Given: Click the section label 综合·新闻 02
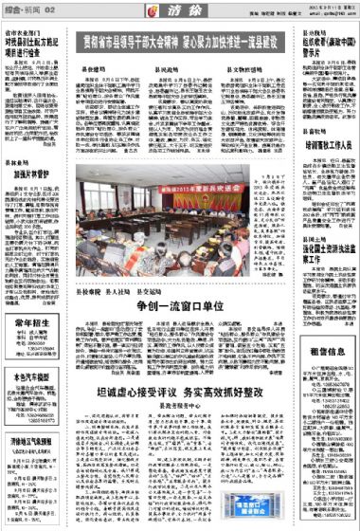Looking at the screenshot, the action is point(22,9).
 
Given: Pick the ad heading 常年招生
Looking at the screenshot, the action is point(27,323).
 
